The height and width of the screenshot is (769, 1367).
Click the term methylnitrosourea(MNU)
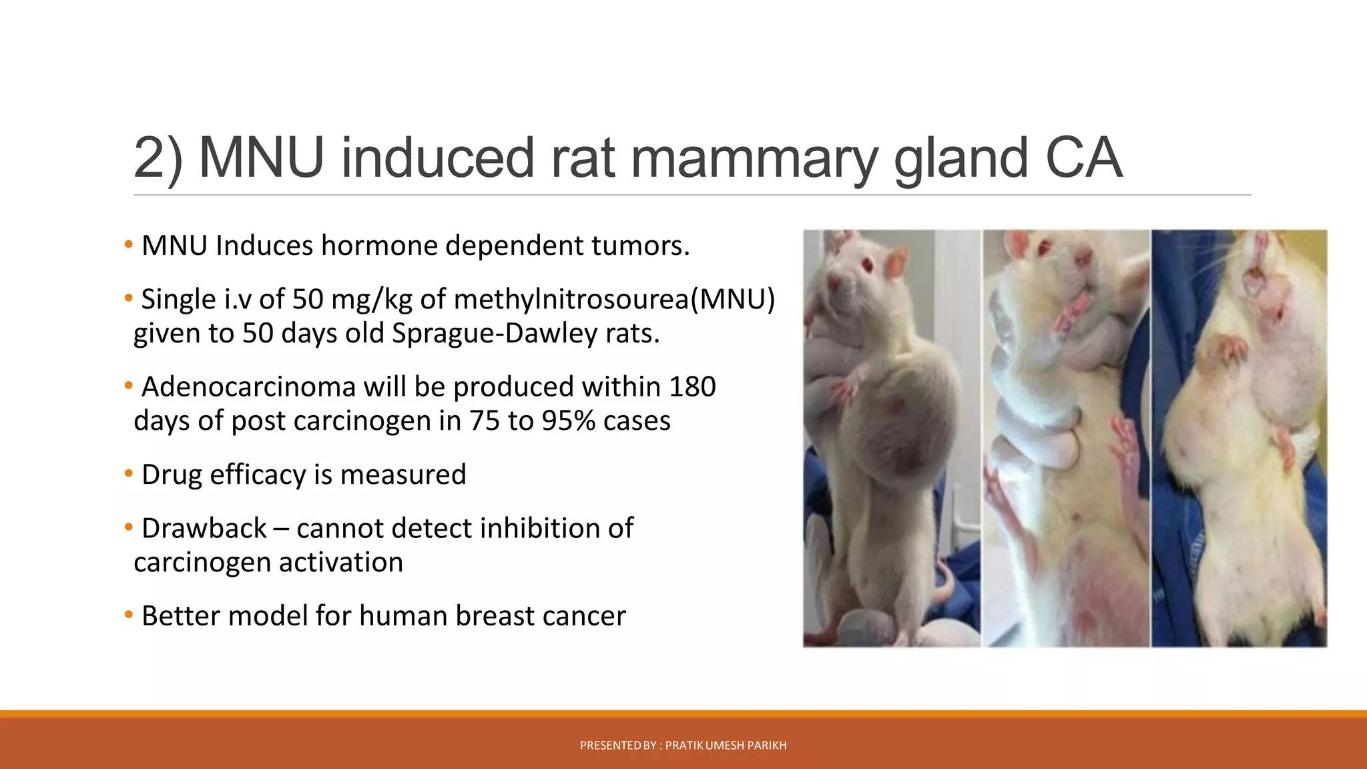[614, 299]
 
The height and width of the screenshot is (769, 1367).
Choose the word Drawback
[204, 528]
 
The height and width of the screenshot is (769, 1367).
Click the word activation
[341, 562]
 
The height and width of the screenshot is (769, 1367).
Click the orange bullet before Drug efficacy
[128, 474]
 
